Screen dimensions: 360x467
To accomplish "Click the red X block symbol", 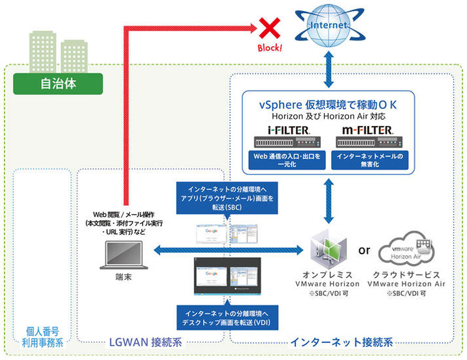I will coord(267,27).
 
